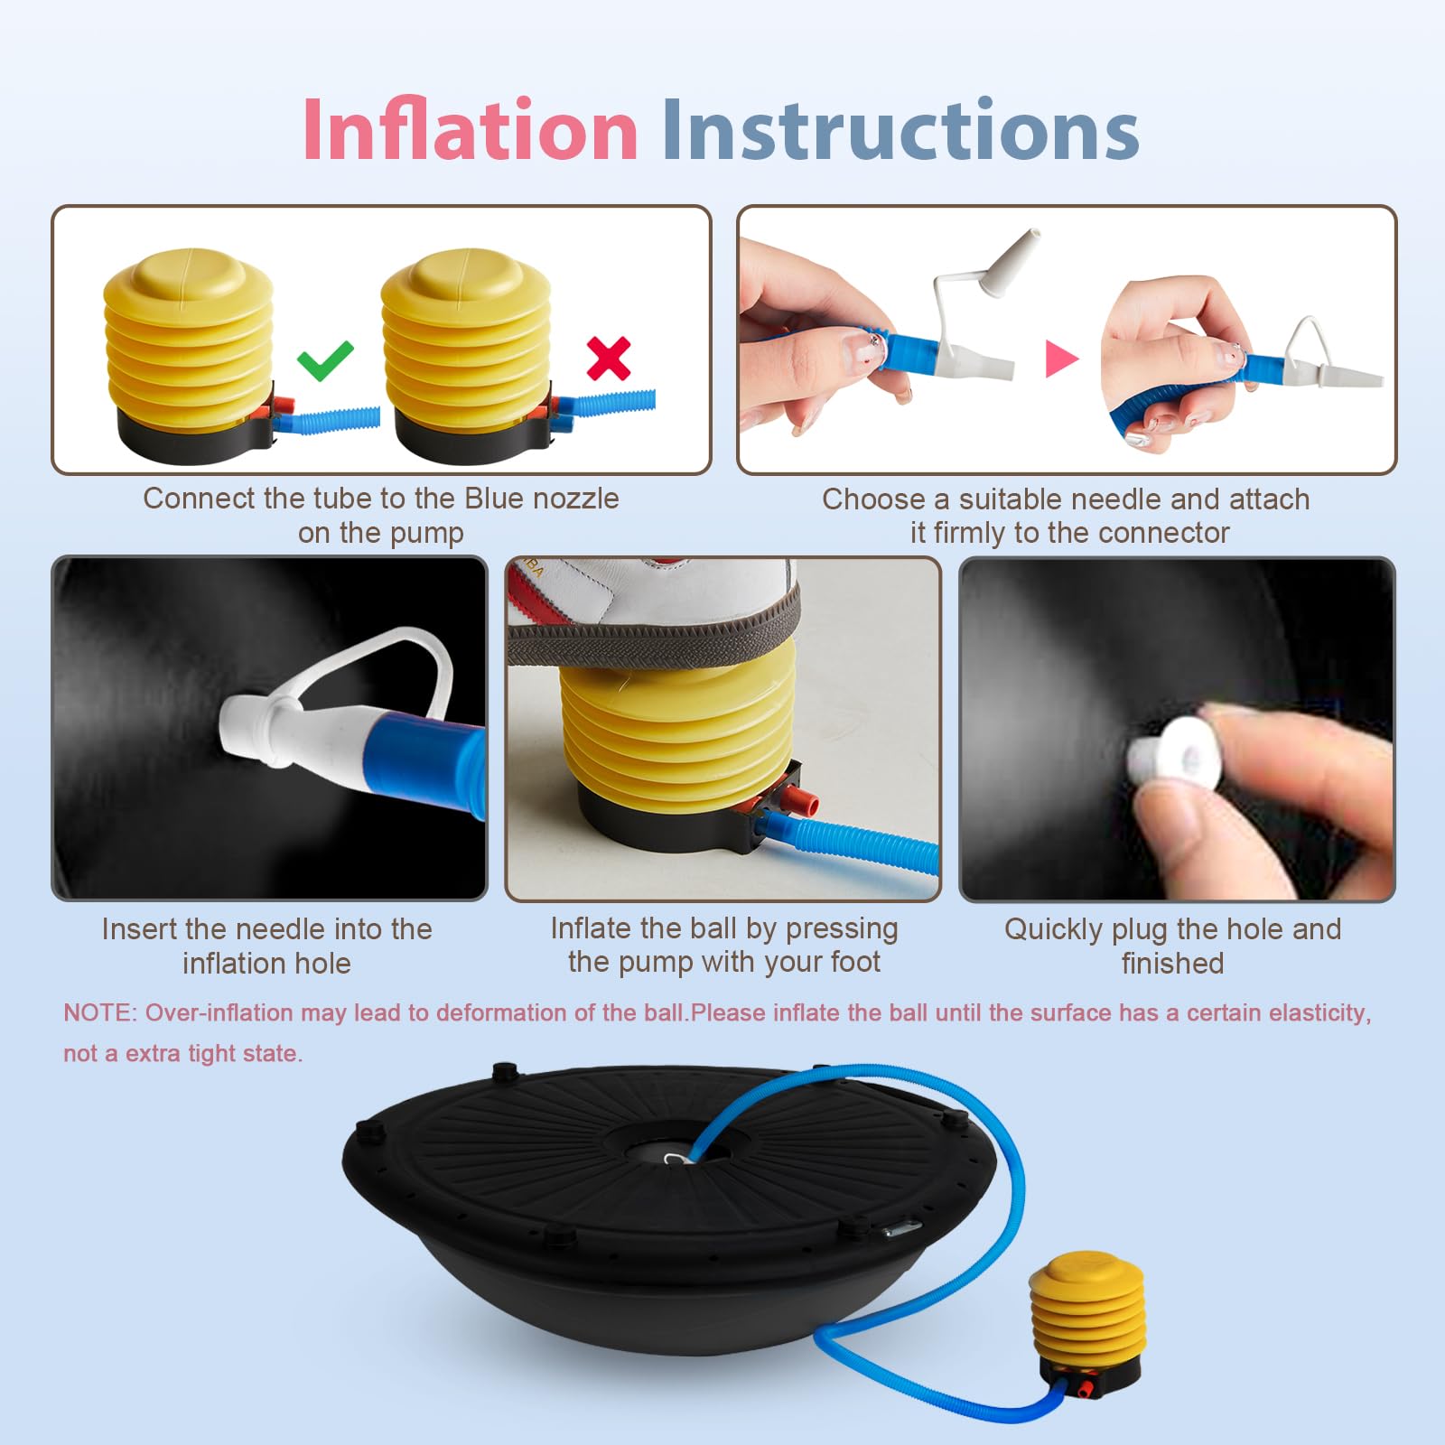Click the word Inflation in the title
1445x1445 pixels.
tap(470, 130)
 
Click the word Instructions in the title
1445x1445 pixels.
tap(900, 130)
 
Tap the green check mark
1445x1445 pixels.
tap(325, 360)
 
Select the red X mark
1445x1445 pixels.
tap(609, 359)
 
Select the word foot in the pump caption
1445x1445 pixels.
tap(854, 962)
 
